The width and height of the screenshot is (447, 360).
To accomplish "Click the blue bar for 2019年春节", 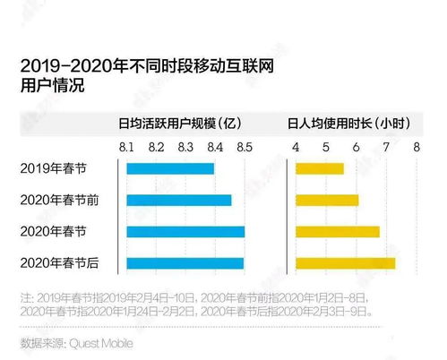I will pyautogui.click(x=170, y=168).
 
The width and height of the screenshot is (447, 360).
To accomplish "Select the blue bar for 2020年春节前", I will pyautogui.click(x=179, y=200).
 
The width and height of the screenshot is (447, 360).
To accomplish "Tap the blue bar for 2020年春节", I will pyautogui.click(x=185, y=232).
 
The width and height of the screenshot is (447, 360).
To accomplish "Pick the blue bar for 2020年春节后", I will pyautogui.click(x=185, y=263).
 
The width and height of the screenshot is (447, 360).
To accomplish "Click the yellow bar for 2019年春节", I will pyautogui.click(x=320, y=168).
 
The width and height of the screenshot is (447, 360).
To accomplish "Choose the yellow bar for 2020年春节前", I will pyautogui.click(x=327, y=200).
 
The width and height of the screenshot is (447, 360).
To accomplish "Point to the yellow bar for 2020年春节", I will pyautogui.click(x=338, y=232).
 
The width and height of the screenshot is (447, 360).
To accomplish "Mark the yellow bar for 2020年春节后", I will pyautogui.click(x=346, y=263).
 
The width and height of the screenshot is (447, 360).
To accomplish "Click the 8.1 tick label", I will pyautogui.click(x=126, y=146).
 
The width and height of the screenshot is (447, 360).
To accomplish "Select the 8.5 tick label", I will pyautogui.click(x=244, y=146).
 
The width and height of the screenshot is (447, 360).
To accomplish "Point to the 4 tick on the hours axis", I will pyautogui.click(x=296, y=146).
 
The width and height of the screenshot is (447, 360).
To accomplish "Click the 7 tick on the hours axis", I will pyautogui.click(x=387, y=146).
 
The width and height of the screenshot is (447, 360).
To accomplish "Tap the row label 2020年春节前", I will pyautogui.click(x=59, y=200).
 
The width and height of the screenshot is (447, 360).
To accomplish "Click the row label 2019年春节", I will pyautogui.click(x=54, y=168).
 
